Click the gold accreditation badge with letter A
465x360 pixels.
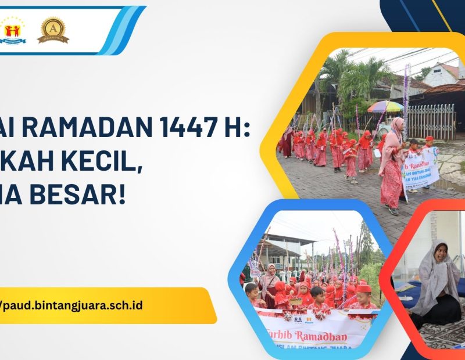53,29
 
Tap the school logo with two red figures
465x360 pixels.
12,30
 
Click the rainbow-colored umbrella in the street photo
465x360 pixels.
385,106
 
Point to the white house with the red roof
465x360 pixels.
442,75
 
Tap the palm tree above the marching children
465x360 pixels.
360,78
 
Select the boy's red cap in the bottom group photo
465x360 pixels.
364,289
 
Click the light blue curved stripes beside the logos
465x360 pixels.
125,30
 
